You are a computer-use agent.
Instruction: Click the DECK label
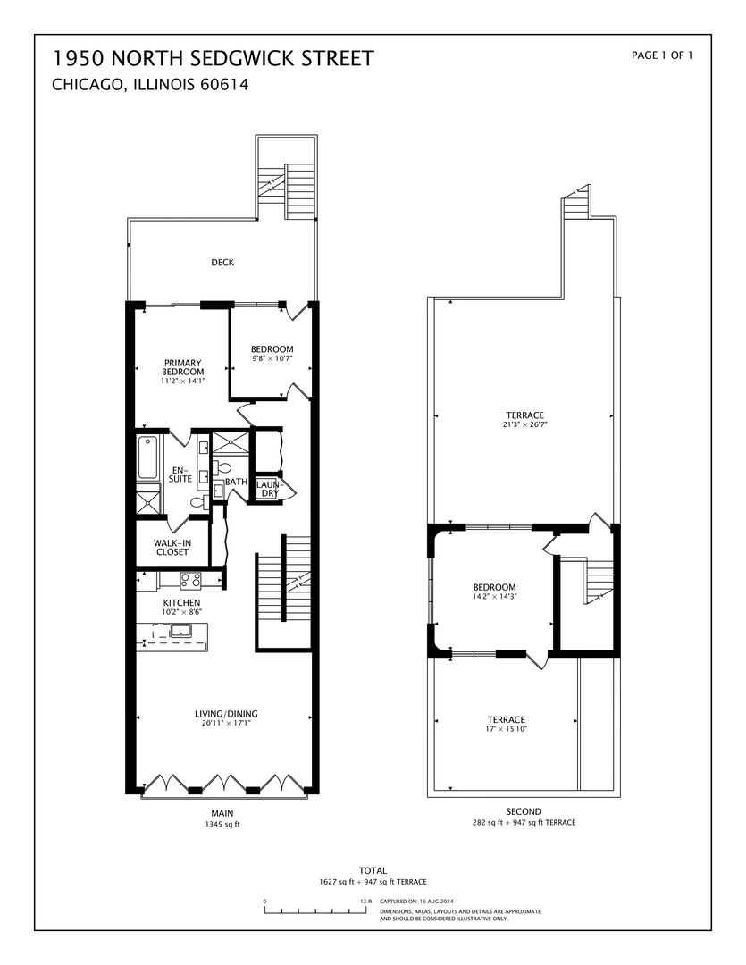pyautogui.click(x=222, y=262)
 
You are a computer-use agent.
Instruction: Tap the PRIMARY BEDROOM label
pyautogui.click(x=183, y=367)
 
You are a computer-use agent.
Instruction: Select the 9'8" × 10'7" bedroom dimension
pyautogui.click(x=272, y=358)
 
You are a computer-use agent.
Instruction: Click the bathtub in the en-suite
pyautogui.click(x=147, y=457)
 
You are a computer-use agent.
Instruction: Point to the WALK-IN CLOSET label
pyautogui.click(x=172, y=548)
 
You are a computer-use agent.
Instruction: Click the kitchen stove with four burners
pyautogui.click(x=190, y=579)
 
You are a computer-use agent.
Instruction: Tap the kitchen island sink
pyautogui.click(x=181, y=630)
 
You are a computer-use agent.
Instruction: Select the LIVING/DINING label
pyautogui.click(x=226, y=714)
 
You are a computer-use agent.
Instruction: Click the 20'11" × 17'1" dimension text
pyautogui.click(x=226, y=723)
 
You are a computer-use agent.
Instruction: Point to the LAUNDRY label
pyautogui.click(x=269, y=489)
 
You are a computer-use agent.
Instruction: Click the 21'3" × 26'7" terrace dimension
pyautogui.click(x=525, y=424)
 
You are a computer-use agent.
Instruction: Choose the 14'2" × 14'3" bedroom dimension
pyautogui.click(x=494, y=596)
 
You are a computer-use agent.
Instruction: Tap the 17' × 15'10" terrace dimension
pyautogui.click(x=507, y=729)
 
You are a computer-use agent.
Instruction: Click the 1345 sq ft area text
pyautogui.click(x=222, y=824)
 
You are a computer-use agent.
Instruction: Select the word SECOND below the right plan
pyautogui.click(x=524, y=811)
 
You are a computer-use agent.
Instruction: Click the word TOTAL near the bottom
pyautogui.click(x=373, y=870)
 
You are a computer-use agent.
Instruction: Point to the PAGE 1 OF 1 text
pyautogui.click(x=662, y=55)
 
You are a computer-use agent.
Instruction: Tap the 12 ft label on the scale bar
pyautogui.click(x=366, y=901)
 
